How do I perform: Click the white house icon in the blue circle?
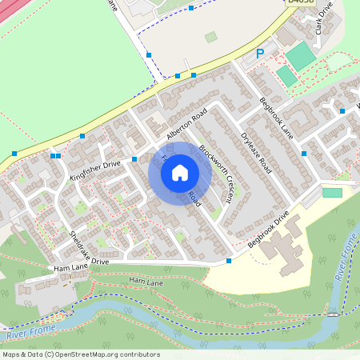point(180,172)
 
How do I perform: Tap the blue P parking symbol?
point(259,54)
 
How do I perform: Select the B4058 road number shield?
point(300,3)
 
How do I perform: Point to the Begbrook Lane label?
point(277,118)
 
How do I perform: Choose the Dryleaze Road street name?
point(257,152)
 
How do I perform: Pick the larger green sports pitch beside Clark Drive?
point(300,56)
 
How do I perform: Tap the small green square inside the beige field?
point(210,37)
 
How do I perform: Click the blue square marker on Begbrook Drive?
point(229,261)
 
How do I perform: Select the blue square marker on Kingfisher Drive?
point(134,159)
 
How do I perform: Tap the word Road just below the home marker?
point(194,195)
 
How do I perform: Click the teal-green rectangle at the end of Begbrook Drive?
point(332,193)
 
